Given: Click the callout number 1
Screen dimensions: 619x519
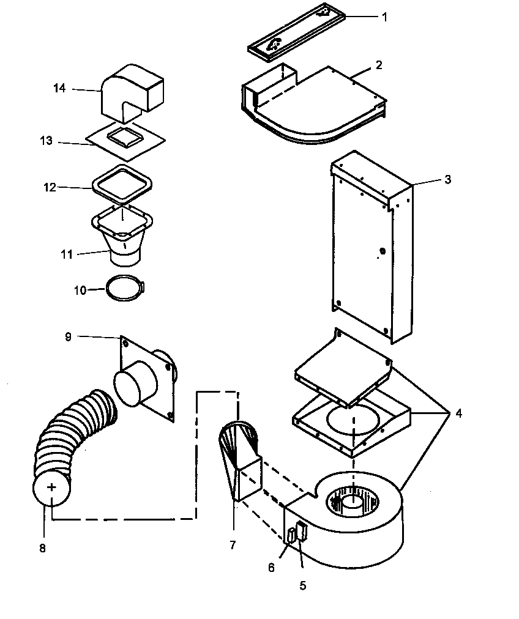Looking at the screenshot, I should (x=384, y=17).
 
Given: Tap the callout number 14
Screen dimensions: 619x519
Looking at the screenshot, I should (x=59, y=88).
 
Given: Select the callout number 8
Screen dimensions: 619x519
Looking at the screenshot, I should (x=42, y=549).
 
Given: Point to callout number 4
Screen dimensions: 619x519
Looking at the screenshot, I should (x=458, y=413).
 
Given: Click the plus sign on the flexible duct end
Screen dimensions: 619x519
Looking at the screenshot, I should (x=52, y=487).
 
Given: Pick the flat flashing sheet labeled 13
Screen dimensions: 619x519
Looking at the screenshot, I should (x=101, y=142).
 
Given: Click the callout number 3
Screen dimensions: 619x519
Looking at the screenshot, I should (x=448, y=179).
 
